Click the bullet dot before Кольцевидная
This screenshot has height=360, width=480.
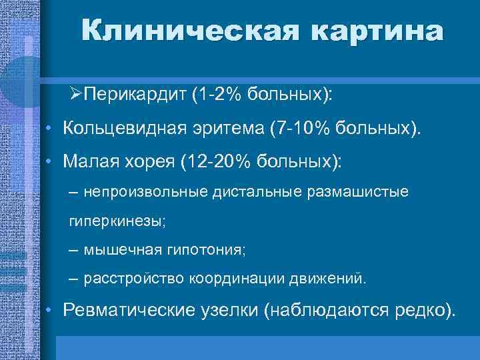(x=51, y=127)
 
